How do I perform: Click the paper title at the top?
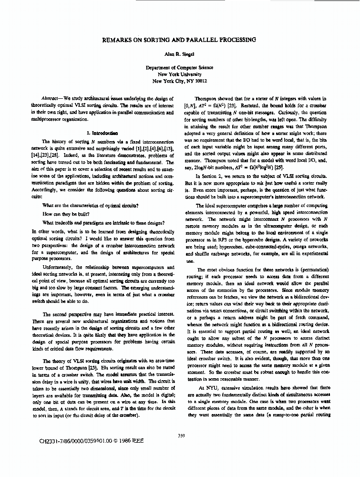[x=179, y=40]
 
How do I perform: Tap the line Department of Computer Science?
[x=179, y=68]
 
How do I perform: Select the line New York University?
[x=179, y=74]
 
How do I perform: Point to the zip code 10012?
[x=200, y=81]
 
